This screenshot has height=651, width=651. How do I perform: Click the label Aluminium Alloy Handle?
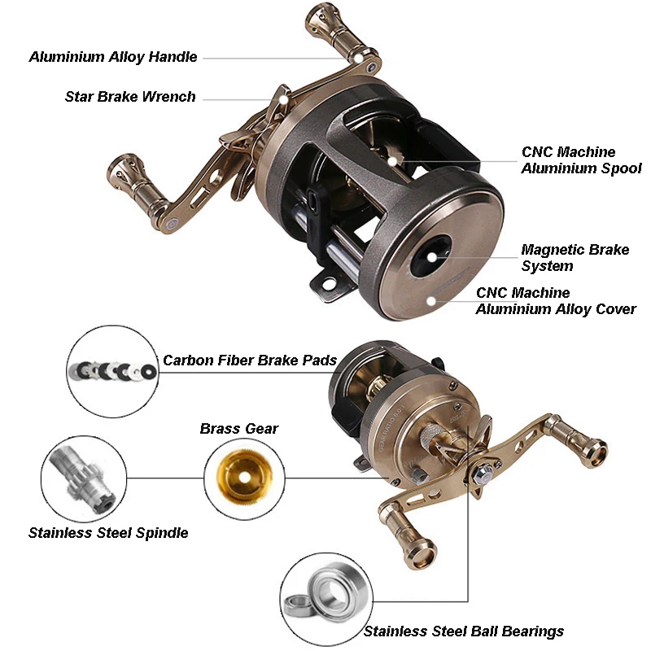[113, 57]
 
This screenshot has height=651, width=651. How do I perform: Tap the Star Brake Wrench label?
[130, 97]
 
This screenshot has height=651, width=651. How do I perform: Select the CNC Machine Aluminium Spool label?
[582, 159]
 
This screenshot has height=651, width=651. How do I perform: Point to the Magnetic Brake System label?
[575, 257]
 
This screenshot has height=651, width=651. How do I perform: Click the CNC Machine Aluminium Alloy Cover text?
[556, 300]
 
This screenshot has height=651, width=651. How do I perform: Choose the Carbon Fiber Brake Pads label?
[250, 360]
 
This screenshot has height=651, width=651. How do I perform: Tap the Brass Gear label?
[239, 429]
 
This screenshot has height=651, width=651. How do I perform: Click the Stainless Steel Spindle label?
[108, 533]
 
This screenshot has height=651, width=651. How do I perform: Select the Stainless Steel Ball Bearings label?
[464, 631]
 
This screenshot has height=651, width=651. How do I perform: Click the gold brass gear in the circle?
[245, 476]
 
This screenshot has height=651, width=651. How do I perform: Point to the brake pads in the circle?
[113, 370]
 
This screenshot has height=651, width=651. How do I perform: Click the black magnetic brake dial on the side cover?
[431, 256]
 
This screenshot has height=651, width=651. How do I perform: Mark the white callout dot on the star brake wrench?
[282, 99]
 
